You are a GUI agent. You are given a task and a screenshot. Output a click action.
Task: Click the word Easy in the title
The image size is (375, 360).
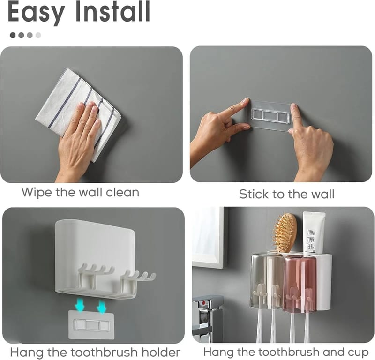pyautogui.click(x=37, y=13)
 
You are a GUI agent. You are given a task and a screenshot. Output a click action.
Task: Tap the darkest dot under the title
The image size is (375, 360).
pyautogui.click(x=13, y=36)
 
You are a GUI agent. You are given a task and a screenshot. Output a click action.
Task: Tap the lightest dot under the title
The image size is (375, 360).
pyautogui.click(x=38, y=36)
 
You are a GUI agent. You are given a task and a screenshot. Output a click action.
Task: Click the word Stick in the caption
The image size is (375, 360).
pyautogui.click(x=254, y=194)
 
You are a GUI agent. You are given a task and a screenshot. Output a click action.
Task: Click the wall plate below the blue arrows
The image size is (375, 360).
pyautogui.click(x=91, y=324)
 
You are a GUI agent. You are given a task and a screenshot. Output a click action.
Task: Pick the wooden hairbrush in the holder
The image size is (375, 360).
pyautogui.click(x=285, y=233)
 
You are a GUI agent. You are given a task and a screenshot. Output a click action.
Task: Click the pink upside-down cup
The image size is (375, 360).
pyautogui.click(x=300, y=284)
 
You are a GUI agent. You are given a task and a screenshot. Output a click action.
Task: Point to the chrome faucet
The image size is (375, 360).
pyautogui.click(x=207, y=316)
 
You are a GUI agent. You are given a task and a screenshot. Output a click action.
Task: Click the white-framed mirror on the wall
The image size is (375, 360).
pyautogui.click(x=208, y=238)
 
